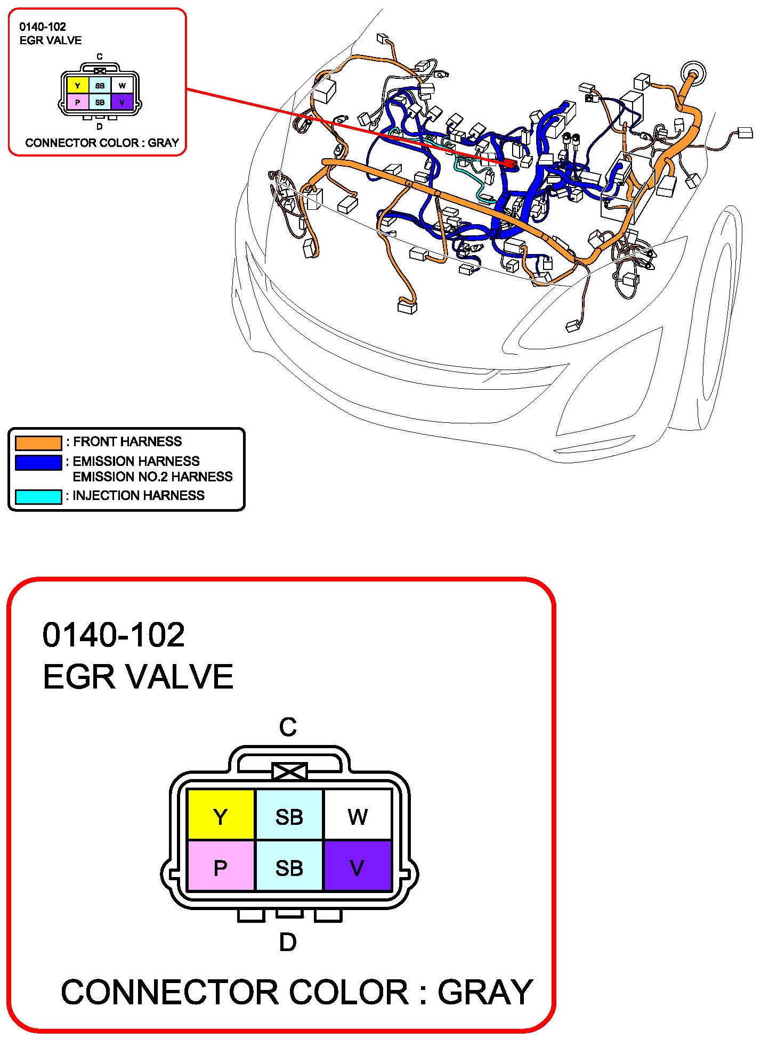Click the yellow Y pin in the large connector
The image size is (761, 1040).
click(221, 815)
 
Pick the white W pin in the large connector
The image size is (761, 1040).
click(358, 815)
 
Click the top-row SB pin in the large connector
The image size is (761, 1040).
click(289, 815)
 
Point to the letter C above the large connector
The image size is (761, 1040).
click(288, 727)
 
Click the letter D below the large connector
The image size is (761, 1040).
click(288, 942)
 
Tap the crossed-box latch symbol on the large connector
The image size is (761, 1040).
click(289, 772)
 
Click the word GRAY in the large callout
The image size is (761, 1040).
click(485, 992)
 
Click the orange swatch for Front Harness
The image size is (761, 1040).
click(38, 443)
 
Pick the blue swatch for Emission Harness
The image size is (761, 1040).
click(38, 462)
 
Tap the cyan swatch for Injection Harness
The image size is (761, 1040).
click(38, 497)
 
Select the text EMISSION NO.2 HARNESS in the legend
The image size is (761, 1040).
click(152, 477)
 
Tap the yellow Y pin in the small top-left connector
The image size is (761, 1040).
click(78, 86)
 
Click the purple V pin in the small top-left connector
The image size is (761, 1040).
click(122, 102)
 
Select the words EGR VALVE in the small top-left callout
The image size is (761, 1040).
click(51, 40)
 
